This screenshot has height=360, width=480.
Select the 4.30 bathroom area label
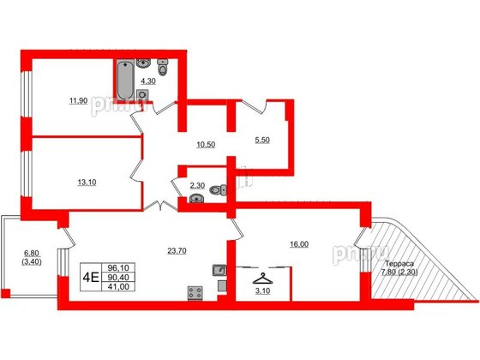(147, 81)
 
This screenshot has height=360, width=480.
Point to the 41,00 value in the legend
(114, 288)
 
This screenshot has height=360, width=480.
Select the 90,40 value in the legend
(114, 277)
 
